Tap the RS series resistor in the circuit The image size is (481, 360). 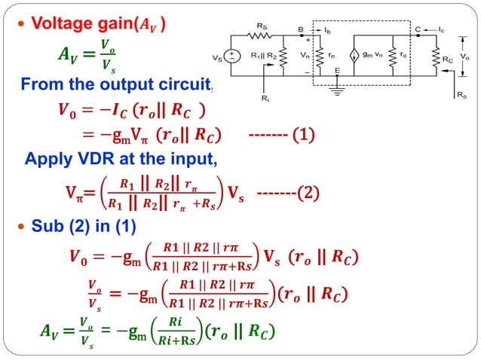[x=262, y=35]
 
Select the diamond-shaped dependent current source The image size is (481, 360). [x=351, y=56]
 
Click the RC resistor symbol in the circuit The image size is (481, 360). [x=437, y=57]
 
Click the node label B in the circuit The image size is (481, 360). [x=300, y=29]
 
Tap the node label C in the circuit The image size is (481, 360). [x=418, y=29]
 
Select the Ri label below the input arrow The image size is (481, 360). [x=264, y=98]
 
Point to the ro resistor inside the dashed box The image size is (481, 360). [x=391, y=56]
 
